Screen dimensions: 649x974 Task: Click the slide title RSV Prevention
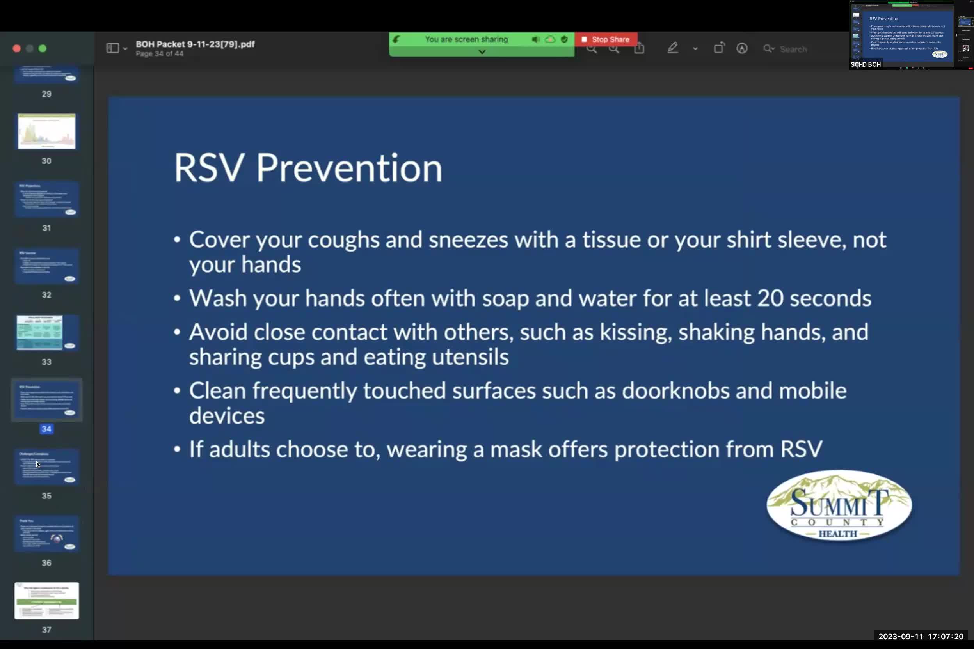307,168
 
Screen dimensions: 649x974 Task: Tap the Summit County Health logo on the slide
839,505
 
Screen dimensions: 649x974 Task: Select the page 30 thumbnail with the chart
46,131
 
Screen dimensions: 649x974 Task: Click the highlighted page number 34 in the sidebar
46,429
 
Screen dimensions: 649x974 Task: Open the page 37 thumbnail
46,601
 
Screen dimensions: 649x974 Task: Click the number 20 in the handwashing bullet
770,298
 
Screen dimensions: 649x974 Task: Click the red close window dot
16,48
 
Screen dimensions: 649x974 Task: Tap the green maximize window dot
42,48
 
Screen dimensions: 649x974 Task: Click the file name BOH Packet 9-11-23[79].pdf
195,44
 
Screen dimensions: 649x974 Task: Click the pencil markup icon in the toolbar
672,48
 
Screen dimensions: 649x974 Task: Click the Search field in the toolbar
793,49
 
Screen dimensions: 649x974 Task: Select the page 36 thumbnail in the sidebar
46,534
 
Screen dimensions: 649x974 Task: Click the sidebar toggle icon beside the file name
113,48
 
